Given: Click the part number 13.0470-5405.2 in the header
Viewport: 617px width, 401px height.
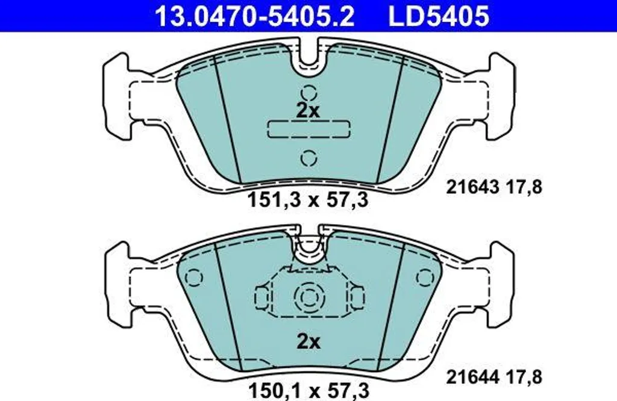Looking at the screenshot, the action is click(x=255, y=16).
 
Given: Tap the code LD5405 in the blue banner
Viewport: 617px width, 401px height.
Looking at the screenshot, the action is click(x=439, y=16).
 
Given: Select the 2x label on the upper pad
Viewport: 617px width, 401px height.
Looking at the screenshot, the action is click(x=308, y=111).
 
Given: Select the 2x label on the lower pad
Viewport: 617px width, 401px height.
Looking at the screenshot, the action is click(x=308, y=342).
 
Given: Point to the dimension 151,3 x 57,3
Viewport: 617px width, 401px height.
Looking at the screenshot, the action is click(x=308, y=200).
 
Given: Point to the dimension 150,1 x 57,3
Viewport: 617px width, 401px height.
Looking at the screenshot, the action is click(x=308, y=391).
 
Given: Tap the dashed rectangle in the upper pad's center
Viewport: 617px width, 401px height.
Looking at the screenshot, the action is click(x=308, y=129).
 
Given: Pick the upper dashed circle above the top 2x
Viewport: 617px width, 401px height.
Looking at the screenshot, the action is click(x=309, y=93).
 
